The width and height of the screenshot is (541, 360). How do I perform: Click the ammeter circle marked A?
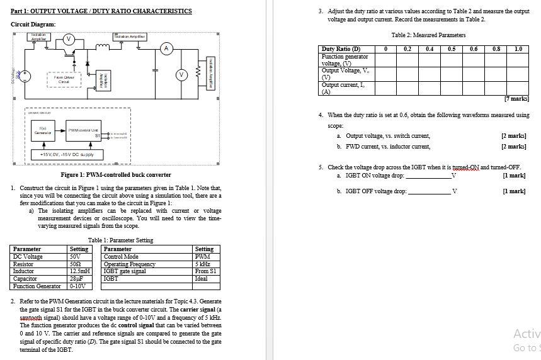tap(166, 48)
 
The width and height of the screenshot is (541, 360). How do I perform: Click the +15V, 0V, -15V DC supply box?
tap(66, 154)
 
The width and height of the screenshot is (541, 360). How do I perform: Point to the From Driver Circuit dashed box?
tap(64, 79)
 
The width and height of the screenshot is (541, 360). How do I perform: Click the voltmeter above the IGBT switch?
tap(69, 40)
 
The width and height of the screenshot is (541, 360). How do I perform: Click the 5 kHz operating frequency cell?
tap(205, 264)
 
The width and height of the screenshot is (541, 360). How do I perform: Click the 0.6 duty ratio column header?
tap(473, 49)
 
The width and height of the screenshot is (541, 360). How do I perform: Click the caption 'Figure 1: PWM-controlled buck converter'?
tap(115, 174)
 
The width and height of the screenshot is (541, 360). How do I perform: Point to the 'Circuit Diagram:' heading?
tap(33, 24)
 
